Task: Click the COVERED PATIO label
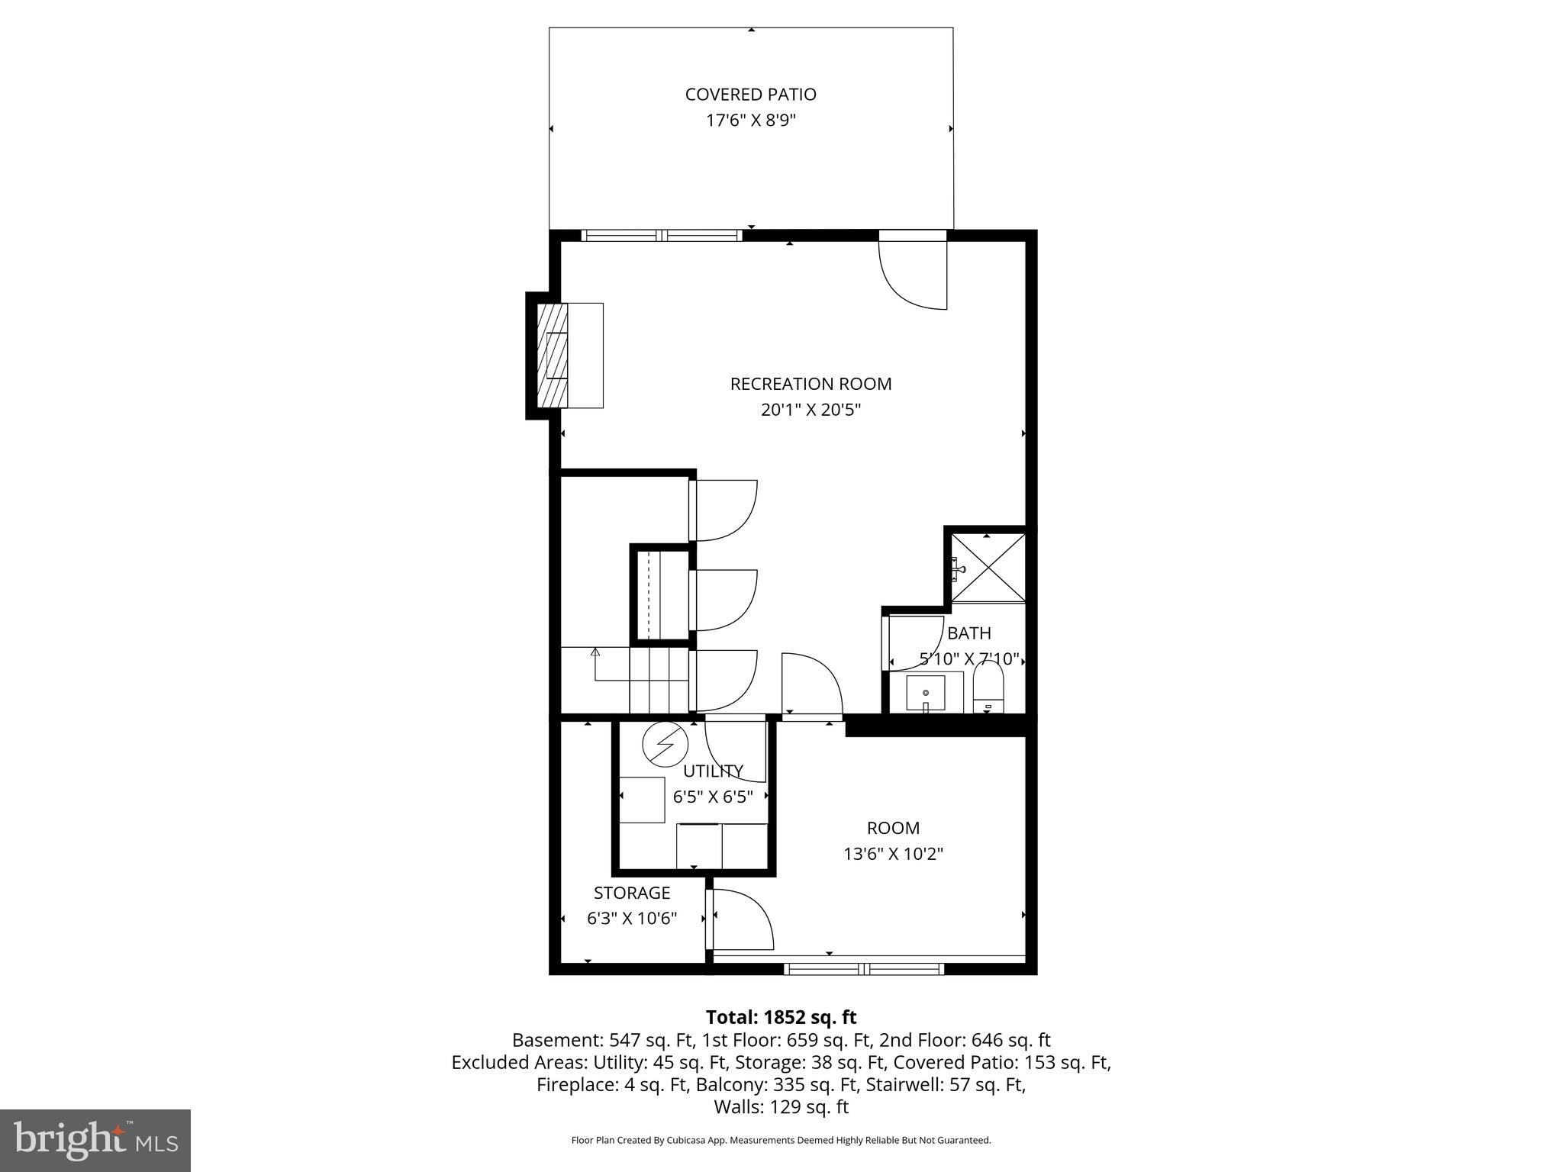click(x=750, y=95)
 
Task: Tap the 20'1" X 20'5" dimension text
click(x=811, y=410)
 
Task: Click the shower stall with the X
click(x=988, y=568)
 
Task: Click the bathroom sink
click(x=925, y=693)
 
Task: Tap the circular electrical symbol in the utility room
click(x=665, y=745)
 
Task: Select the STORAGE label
click(x=632, y=893)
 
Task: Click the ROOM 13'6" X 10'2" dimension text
click(x=893, y=854)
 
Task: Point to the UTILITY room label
click(x=713, y=771)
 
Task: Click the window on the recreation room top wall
click(x=662, y=235)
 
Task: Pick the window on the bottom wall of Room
click(x=864, y=969)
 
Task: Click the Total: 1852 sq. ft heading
click(x=781, y=1017)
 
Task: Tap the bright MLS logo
click(x=95, y=1141)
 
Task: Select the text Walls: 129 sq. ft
click(x=781, y=1106)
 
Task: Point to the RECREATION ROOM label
click(x=811, y=384)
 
